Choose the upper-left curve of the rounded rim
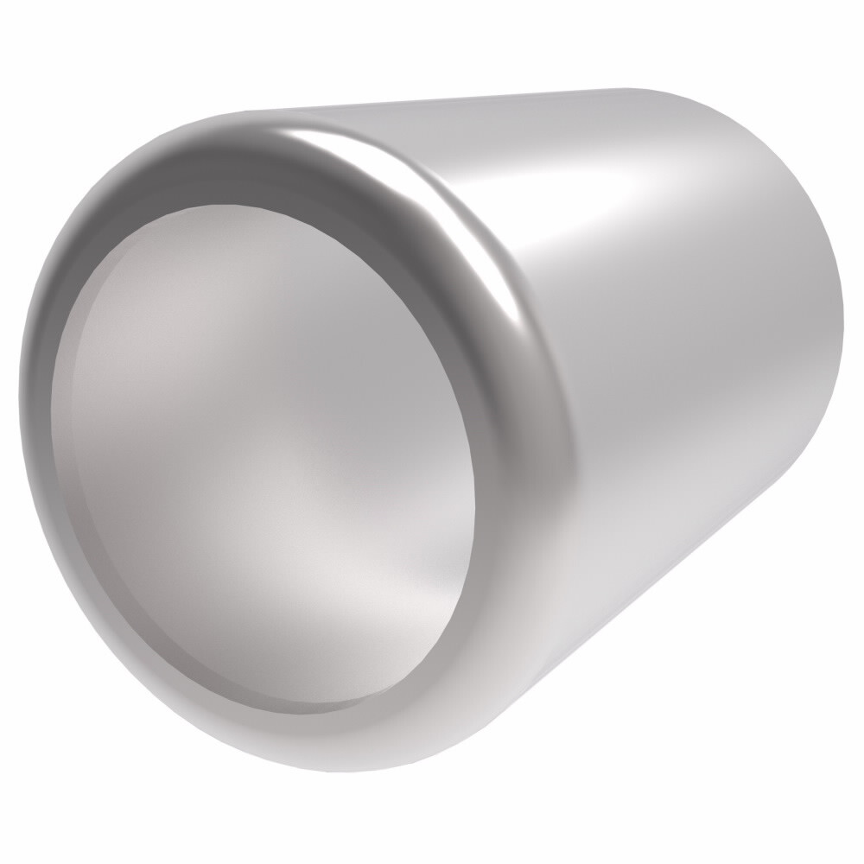point(104,199)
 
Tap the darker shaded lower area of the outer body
point(605,536)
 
